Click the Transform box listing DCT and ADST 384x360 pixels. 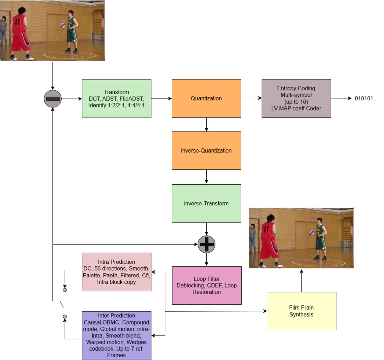(116, 98)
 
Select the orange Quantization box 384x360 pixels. (206, 98)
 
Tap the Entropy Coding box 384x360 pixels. (296, 98)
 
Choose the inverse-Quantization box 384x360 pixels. (206, 150)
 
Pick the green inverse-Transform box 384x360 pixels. (206, 203)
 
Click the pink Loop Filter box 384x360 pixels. (206, 285)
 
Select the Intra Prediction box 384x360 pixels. (116, 272)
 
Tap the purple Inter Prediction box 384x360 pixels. (116, 336)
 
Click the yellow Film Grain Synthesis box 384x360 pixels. (301, 311)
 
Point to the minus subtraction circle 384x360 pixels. (53, 99)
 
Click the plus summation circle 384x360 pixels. (206, 244)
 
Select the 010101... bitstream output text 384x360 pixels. (366, 98)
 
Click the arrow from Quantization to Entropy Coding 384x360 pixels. (251, 98)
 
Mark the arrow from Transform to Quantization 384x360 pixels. (161, 98)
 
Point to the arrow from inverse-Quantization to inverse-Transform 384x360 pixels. (206, 177)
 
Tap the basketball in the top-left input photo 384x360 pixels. (63, 26)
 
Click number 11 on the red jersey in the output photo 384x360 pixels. (267, 229)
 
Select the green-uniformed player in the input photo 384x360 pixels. (72, 31)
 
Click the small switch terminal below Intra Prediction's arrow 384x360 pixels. (65, 290)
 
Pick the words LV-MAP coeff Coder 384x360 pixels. (296, 108)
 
